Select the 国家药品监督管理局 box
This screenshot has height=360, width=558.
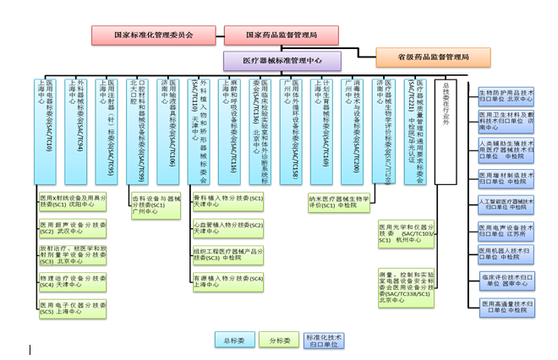coord(282,35)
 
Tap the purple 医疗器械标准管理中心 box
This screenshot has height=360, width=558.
coord(282,61)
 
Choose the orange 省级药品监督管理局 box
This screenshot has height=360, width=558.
coord(434,57)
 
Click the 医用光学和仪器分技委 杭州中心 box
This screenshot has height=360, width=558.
coord(408,233)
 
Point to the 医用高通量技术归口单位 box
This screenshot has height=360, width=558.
coord(506,307)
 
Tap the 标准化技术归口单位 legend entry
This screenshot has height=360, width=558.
coord(325,341)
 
